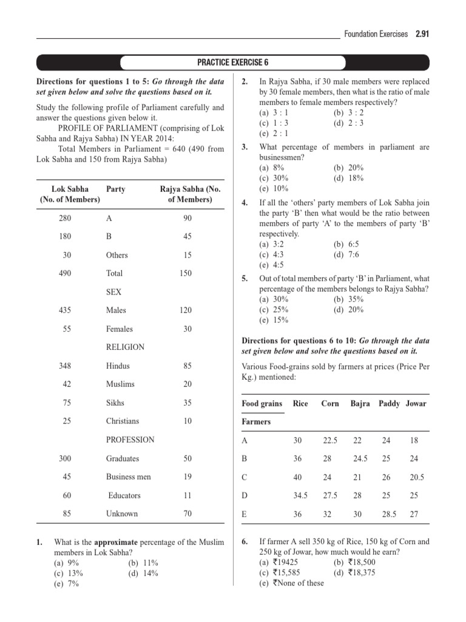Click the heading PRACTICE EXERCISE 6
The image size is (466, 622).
(233, 63)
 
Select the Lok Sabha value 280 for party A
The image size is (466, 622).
(67, 217)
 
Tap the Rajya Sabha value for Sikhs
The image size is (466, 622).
(187, 402)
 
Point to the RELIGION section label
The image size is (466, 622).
(125, 347)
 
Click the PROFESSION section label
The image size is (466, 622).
(130, 439)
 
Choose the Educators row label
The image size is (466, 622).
(124, 495)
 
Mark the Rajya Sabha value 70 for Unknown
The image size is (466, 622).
(187, 513)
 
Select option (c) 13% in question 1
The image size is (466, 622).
(68, 573)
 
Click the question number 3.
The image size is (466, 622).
(245, 147)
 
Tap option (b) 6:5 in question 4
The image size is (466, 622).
(346, 244)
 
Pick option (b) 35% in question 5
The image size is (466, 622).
(348, 299)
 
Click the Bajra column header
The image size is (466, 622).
(360, 403)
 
